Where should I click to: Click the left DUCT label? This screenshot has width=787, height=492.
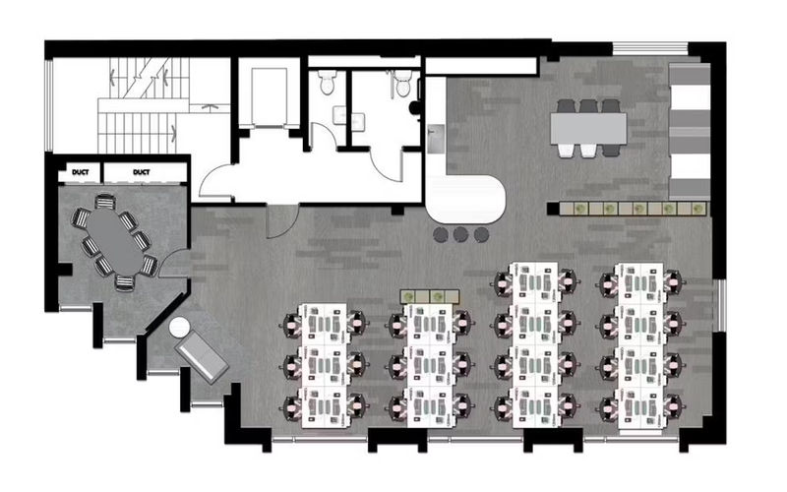pyautogui.click(x=80, y=173)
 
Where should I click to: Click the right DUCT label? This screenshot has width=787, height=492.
pyautogui.click(x=141, y=173)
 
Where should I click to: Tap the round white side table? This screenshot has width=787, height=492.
pyautogui.click(x=180, y=329)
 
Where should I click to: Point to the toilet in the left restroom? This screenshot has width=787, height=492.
pyautogui.click(x=328, y=84)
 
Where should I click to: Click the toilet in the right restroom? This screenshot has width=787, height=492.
pyautogui.click(x=401, y=84)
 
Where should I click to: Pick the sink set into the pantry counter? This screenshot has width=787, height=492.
pyautogui.click(x=436, y=132)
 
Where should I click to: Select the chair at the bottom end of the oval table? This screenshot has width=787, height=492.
pyautogui.click(x=125, y=281)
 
